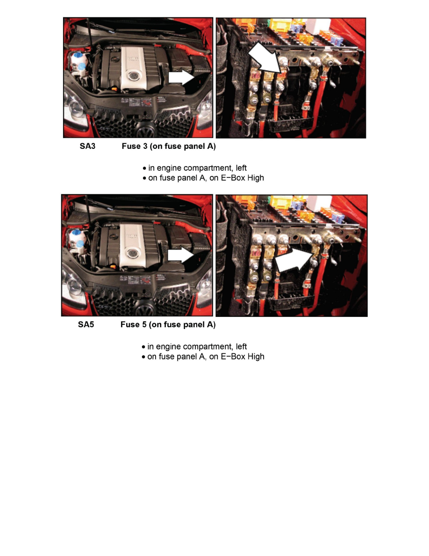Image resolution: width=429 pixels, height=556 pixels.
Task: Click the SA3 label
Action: (87, 146)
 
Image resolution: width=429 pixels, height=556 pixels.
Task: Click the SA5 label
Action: (86, 324)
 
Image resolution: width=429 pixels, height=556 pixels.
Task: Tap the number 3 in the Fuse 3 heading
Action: (145, 146)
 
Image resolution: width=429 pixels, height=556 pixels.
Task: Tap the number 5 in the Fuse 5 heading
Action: (144, 324)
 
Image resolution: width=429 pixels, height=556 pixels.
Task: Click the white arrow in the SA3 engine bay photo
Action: (181, 77)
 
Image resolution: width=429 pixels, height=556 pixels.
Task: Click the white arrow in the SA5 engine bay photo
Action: (180, 256)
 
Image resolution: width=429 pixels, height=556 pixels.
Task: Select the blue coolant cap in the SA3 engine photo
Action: (82, 66)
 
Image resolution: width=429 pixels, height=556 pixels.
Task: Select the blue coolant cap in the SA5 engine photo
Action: (80, 244)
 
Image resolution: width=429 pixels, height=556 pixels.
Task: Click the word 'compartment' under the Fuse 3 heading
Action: (208, 168)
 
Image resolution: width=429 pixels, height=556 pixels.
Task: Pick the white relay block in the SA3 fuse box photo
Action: (318, 26)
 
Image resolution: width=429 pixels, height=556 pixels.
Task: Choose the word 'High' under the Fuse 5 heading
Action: (256, 356)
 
